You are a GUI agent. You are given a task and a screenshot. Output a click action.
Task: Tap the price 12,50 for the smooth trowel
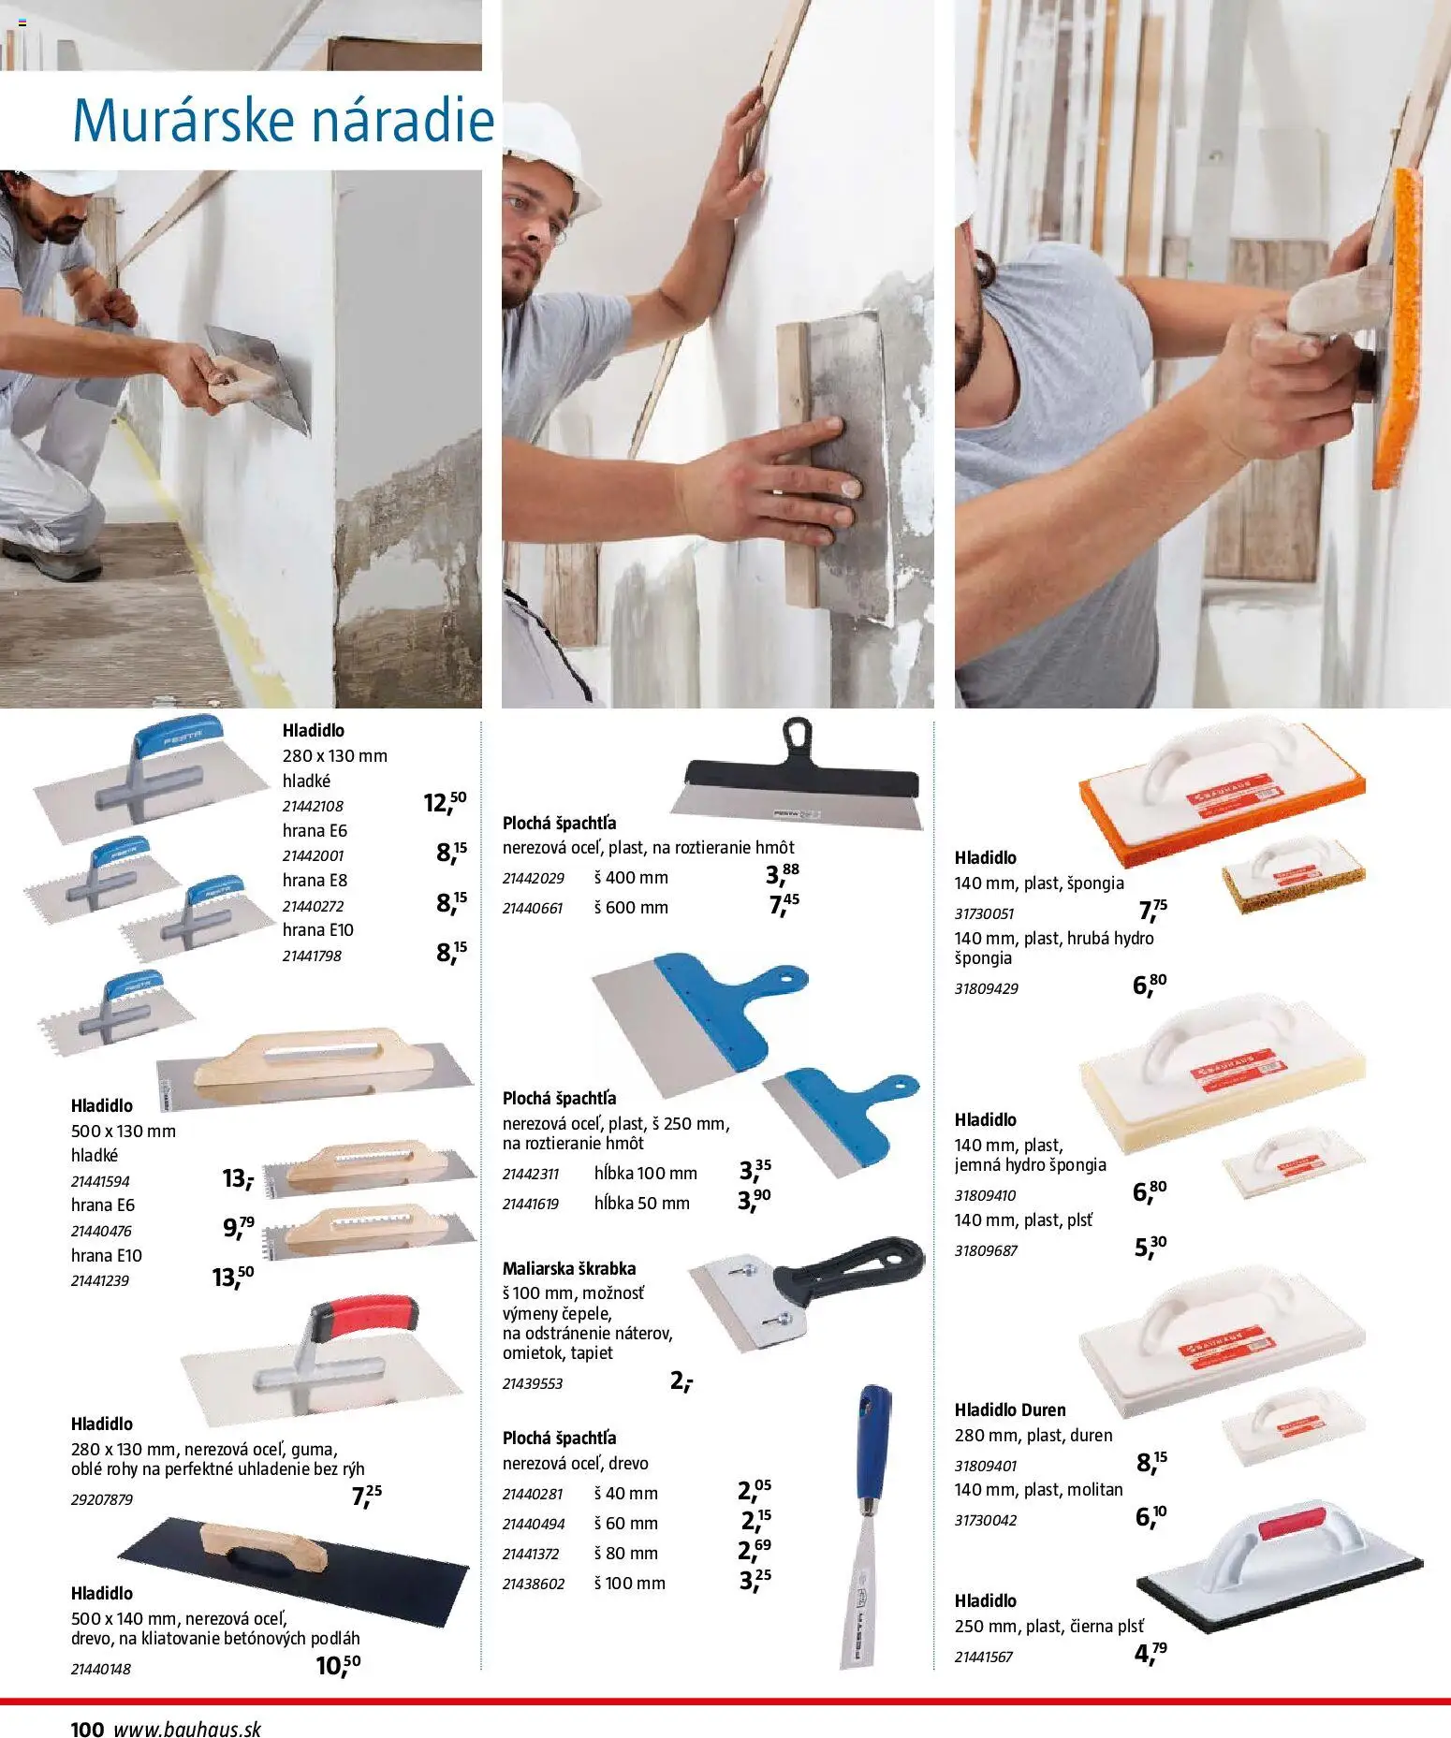pyautogui.click(x=445, y=802)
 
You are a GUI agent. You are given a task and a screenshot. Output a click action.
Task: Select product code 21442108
pyautogui.click(x=313, y=806)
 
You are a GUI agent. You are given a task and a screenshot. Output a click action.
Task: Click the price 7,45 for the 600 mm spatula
pyautogui.click(x=784, y=904)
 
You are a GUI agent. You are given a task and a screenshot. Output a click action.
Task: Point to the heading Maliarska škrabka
pyautogui.click(x=569, y=1269)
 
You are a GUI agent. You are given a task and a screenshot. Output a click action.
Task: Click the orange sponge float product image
pyautogui.click(x=1222, y=793)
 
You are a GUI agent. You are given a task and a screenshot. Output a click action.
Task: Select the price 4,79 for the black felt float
pyautogui.click(x=1151, y=1653)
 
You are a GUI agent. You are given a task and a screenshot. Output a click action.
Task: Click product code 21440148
pyautogui.click(x=101, y=1669)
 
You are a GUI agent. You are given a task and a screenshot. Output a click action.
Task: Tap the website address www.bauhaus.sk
pyautogui.click(x=187, y=1729)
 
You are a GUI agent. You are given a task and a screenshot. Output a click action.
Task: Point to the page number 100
pyautogui.click(x=87, y=1729)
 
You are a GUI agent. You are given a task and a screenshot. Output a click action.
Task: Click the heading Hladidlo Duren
pyautogui.click(x=1010, y=1409)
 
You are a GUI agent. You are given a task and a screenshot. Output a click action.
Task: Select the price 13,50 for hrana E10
pyautogui.click(x=233, y=1277)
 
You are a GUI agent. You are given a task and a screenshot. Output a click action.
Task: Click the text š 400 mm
pyautogui.click(x=631, y=878)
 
